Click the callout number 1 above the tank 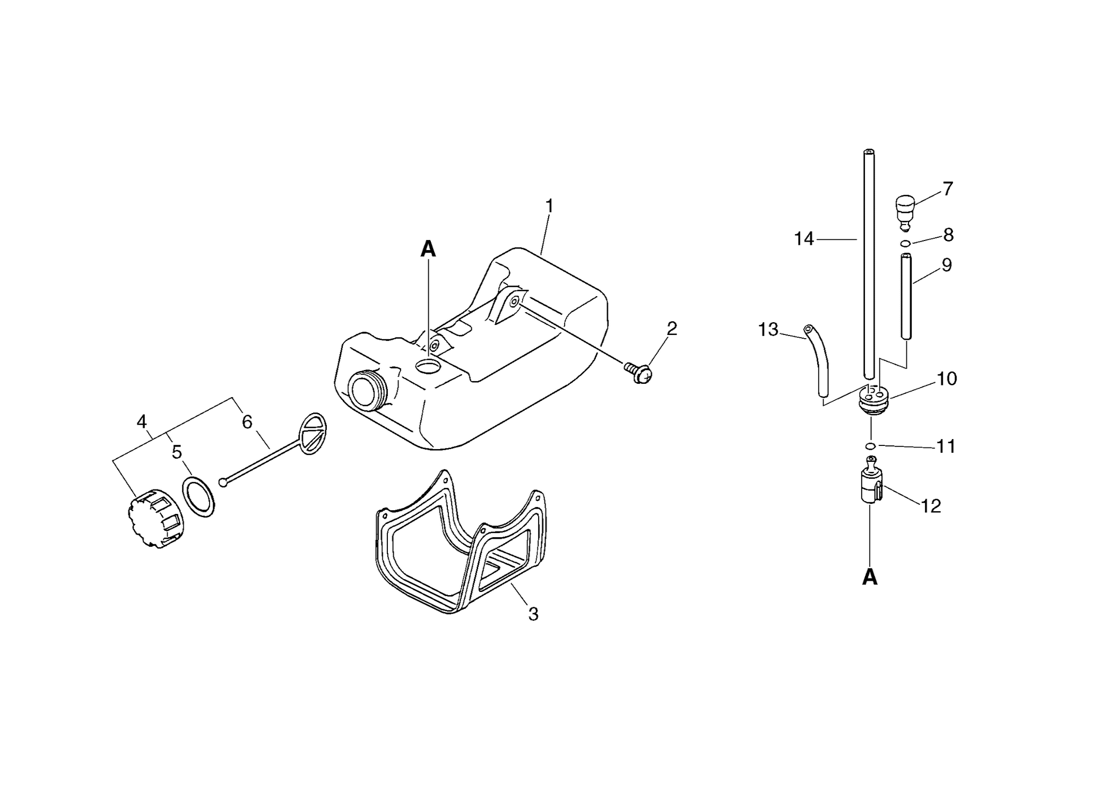click(x=549, y=206)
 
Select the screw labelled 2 click(x=638, y=372)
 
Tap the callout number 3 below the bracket click(x=533, y=614)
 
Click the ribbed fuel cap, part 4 click(x=155, y=518)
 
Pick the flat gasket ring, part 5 click(x=198, y=497)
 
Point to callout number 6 click(x=247, y=422)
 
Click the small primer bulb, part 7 click(x=905, y=212)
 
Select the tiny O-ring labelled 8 click(x=906, y=244)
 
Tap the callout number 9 click(x=947, y=265)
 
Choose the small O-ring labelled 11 click(x=870, y=445)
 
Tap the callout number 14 click(x=803, y=239)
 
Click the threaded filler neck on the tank click(x=367, y=390)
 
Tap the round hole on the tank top click(x=429, y=366)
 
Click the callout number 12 click(x=931, y=506)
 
